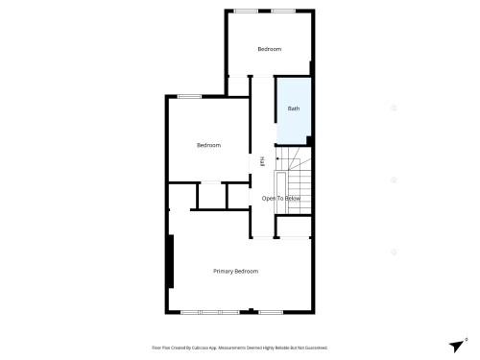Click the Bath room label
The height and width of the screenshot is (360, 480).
point(293,108)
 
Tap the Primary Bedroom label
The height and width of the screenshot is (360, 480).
point(235,272)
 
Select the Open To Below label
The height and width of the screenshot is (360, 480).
point(281,199)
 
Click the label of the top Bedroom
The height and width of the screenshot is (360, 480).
point(270,49)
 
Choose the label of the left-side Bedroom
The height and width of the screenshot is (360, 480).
point(208,145)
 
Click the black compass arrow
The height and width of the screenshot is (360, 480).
point(456,346)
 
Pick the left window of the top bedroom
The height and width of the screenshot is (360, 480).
point(247,11)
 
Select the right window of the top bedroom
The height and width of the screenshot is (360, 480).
point(283,11)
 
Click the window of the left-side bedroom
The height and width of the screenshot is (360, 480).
point(189,95)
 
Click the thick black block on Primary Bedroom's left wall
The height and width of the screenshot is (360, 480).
point(171,261)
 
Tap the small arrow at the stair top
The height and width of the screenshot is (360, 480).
point(280,160)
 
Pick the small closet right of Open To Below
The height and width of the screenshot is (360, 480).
point(293,227)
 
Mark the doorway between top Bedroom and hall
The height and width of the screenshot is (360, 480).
point(263,77)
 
